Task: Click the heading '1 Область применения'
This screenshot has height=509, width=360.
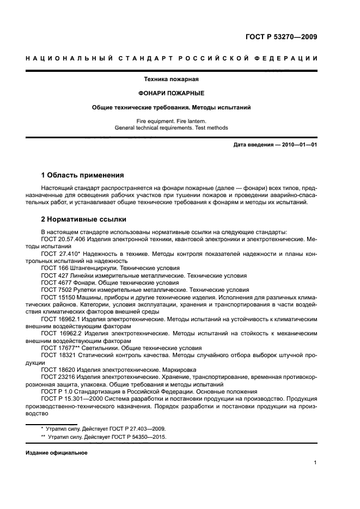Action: pyautogui.click(x=82, y=175)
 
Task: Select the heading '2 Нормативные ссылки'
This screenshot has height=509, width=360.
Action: pyautogui.click(x=84, y=219)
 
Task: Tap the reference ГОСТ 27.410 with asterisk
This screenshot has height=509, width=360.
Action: pyautogui.click(x=62, y=254)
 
